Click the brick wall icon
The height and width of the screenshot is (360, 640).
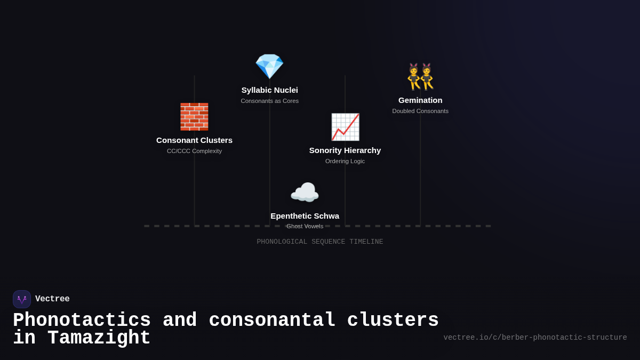point(194,117)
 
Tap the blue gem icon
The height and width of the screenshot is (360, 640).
point(269,67)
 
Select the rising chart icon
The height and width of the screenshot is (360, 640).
point(345,127)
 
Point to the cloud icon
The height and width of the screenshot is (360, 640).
point(305,193)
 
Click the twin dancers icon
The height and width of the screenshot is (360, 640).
point(420,77)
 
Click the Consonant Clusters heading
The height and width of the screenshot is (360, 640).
point(194,140)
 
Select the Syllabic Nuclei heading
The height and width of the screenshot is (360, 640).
point(269,90)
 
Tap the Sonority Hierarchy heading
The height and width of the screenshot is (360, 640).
point(345,150)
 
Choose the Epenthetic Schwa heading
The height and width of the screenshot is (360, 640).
point(305,216)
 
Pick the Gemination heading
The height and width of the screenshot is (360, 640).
point(420,100)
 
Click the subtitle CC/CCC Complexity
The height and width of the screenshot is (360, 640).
point(194,151)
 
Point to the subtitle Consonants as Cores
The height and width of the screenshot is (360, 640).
point(269,101)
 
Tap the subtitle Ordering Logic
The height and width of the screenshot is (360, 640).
point(345,161)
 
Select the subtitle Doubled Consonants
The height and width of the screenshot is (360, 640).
point(420,111)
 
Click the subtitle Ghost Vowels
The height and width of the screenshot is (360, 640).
point(305,226)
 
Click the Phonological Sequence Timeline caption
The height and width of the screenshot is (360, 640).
point(320,242)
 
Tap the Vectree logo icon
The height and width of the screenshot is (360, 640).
point(22,299)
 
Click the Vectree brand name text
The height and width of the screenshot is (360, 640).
point(52,299)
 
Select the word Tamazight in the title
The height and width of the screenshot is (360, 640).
point(99,338)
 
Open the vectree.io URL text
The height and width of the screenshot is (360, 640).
point(535,338)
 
